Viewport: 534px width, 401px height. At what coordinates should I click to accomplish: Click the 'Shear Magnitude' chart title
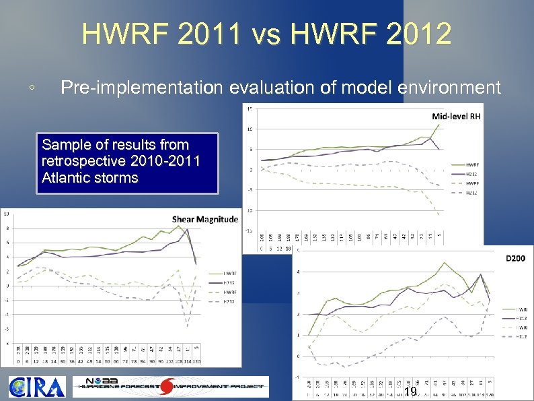pos(205,218)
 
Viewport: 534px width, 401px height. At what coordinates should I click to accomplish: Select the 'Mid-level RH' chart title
pos(456,116)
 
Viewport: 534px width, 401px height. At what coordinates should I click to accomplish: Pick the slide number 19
pos(410,392)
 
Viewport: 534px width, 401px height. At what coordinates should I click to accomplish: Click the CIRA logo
pos(37,387)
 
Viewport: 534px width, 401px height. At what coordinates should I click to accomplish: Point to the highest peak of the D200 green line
pos(444,263)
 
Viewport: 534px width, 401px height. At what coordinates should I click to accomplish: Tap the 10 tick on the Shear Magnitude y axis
pos(6,214)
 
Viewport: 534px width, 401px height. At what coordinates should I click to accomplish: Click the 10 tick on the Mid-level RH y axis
pos(250,129)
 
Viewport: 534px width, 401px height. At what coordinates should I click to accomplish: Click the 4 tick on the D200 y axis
pos(297,272)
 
